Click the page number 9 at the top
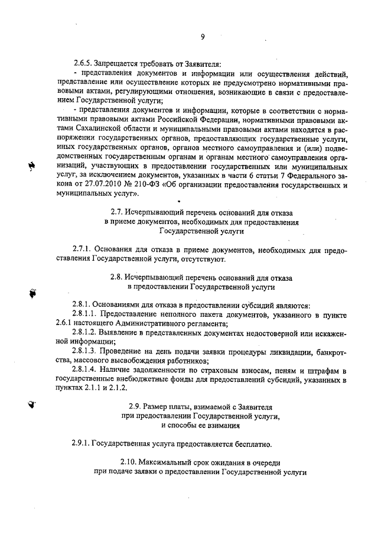pos(202,37)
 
